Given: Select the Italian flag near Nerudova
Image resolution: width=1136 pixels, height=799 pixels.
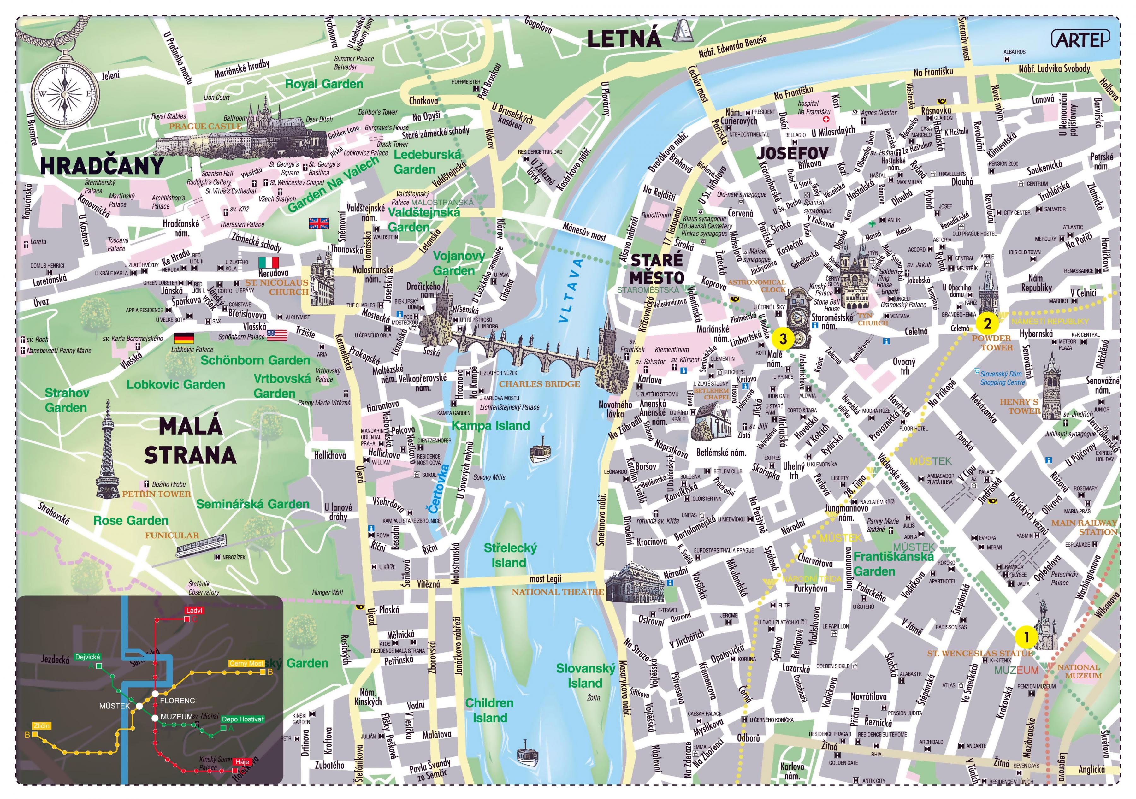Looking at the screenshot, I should click(x=269, y=262).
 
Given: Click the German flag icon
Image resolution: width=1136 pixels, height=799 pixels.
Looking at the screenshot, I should click(x=184, y=338).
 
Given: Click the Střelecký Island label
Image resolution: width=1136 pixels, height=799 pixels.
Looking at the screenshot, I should click(x=510, y=555).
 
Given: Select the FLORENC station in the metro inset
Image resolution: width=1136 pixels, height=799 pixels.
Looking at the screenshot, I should click(x=177, y=701).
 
